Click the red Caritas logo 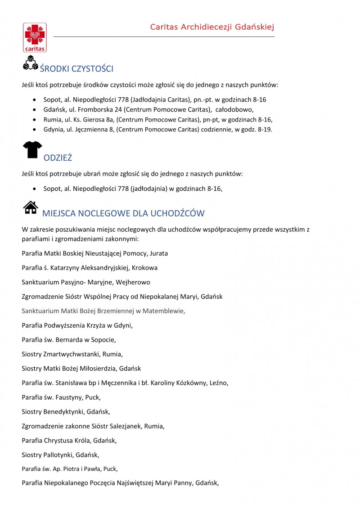pyautogui.click(x=35, y=37)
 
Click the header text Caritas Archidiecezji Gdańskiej pyautogui.click(x=212, y=27)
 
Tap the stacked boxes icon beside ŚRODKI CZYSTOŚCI pyautogui.click(x=30, y=63)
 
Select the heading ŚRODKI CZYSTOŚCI pyautogui.click(x=76, y=69)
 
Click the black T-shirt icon pyautogui.click(x=32, y=149)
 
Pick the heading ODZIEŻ pyautogui.click(x=58, y=158)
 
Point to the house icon pyautogui.click(x=30, y=207)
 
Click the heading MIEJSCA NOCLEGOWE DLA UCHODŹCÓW pyautogui.click(x=123, y=213)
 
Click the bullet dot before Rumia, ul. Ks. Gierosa pyautogui.click(x=35, y=120)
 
